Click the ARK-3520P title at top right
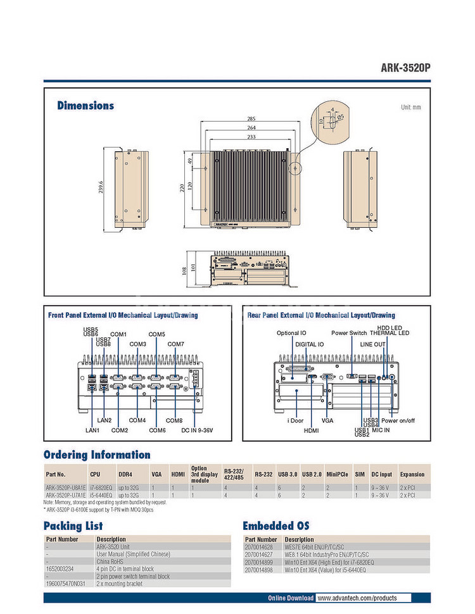click(x=405, y=68)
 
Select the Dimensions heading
click(x=85, y=106)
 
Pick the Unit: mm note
click(x=410, y=108)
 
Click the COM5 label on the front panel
click(x=156, y=334)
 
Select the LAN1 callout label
click(x=93, y=430)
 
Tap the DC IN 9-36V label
click(x=197, y=430)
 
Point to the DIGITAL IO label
click(x=309, y=344)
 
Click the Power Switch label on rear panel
click(x=349, y=333)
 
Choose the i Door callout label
click(x=296, y=420)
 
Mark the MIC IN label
click(x=381, y=430)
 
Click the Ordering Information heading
click(x=97, y=454)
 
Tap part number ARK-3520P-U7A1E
click(x=65, y=496)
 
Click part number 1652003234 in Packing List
click(x=61, y=568)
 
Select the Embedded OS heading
click(x=276, y=526)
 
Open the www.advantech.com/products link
click(x=357, y=598)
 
